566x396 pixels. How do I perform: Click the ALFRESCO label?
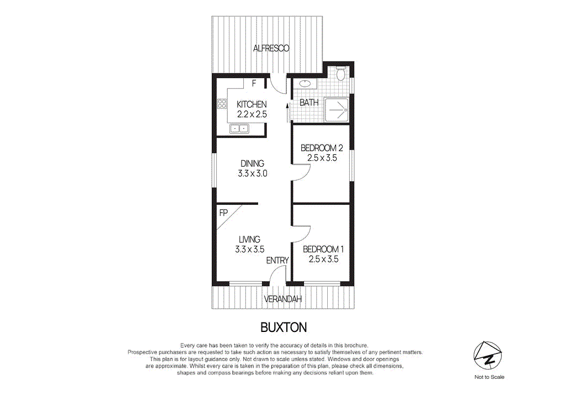tap(271, 49)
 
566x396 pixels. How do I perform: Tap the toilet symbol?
tap(341, 73)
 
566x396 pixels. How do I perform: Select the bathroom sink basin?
tap(304, 85)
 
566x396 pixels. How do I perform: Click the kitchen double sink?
tap(239, 129)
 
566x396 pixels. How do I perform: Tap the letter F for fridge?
tap(254, 84)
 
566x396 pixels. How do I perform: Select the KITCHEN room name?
tap(251, 104)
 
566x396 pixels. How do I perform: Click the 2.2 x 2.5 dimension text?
tap(251, 114)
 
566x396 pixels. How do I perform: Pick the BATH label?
tap(309, 103)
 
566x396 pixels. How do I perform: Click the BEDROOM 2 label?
tap(322, 148)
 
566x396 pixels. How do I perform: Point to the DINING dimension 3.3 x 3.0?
tap(252, 173)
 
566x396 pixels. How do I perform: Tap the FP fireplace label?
tap(223, 213)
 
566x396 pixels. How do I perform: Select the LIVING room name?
tap(249, 239)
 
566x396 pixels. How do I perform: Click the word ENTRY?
tap(277, 260)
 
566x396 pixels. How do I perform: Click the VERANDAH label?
tap(283, 299)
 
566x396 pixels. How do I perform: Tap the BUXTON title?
tap(283, 327)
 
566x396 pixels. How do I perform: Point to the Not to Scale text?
tap(489, 377)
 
